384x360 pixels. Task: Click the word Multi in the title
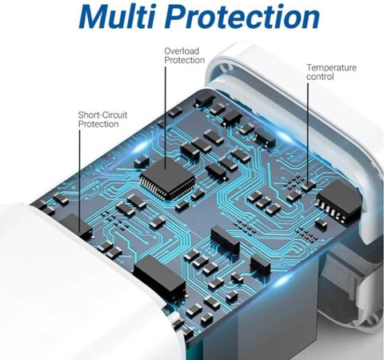pos(117,16)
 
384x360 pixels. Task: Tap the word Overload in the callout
pos(182,51)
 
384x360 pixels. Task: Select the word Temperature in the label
pos(331,67)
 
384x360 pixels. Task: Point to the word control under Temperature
pos(320,77)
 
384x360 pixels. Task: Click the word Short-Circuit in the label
pos(102,115)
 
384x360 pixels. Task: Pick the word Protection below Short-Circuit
pos(98,124)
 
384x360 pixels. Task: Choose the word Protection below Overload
pos(185,60)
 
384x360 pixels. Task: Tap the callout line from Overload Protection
pos(166,118)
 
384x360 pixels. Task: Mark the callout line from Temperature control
pos(308,133)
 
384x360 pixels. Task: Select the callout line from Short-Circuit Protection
pos(79,181)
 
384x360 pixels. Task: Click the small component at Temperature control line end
pos(309,185)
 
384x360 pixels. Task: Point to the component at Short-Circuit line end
pos(77,226)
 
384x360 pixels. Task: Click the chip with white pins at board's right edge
pos(338,201)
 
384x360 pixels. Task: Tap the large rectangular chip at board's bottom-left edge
pos(160,278)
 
